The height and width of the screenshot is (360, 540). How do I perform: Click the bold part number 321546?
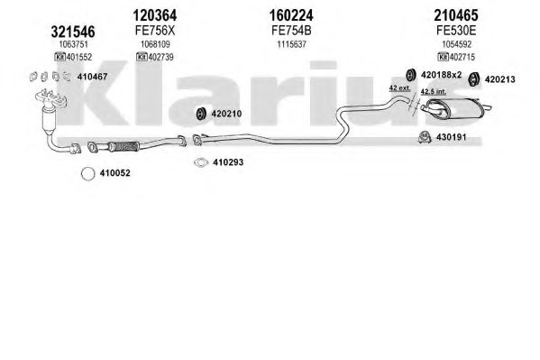(73, 32)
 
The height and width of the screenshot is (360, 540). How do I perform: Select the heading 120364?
(155, 15)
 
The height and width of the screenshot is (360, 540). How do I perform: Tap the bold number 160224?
(291, 15)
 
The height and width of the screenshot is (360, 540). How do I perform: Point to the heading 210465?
(456, 15)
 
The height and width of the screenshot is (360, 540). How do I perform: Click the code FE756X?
(155, 31)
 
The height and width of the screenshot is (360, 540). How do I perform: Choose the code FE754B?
(291, 31)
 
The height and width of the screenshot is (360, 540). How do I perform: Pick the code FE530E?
(456, 31)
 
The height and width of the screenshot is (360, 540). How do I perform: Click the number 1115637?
(292, 44)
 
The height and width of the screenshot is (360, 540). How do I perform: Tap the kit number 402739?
(159, 57)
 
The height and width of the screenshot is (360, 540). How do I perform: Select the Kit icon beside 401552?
(59, 57)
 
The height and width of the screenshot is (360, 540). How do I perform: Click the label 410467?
(92, 77)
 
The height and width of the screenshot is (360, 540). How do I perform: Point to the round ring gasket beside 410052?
(87, 173)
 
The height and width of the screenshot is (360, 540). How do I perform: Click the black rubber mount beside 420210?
(201, 114)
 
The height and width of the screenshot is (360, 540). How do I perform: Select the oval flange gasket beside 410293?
(201, 162)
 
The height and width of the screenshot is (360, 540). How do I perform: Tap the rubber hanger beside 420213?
(474, 79)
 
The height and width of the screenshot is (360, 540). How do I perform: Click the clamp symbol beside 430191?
(425, 137)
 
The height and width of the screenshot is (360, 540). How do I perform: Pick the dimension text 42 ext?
(399, 88)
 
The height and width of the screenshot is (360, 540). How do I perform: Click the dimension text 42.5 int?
(434, 91)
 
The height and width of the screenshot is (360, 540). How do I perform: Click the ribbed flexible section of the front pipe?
(124, 146)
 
